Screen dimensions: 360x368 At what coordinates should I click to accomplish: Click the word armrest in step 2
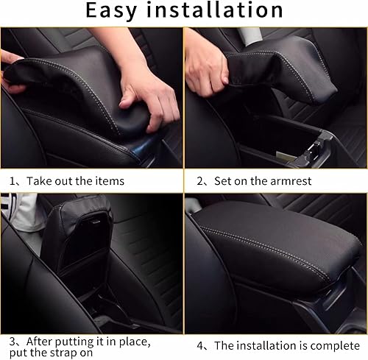[288, 179]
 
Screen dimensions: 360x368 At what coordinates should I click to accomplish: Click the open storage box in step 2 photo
[287, 140]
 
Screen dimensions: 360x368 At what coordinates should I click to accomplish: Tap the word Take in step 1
[45, 179]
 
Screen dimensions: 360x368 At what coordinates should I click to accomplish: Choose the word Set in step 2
[223, 179]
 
